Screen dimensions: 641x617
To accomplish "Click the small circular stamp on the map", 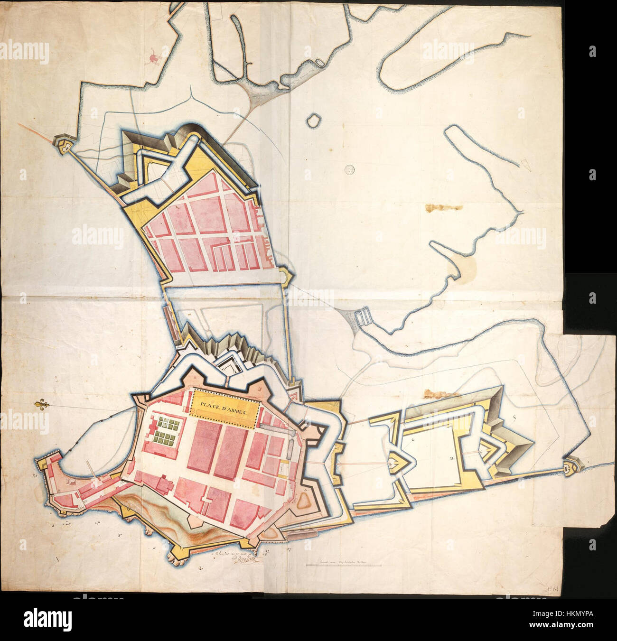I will [x=350, y=168].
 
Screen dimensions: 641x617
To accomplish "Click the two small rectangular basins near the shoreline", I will [x=363, y=316].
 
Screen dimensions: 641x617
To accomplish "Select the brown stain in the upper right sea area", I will [x=444, y=208].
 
